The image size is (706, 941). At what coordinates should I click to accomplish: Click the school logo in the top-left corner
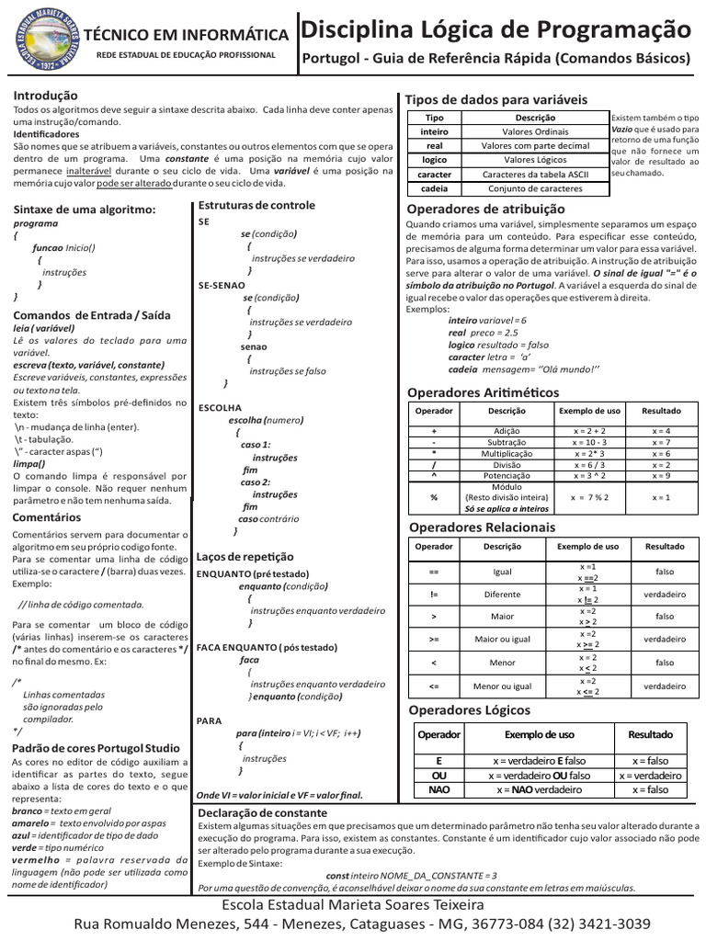[x=38, y=39]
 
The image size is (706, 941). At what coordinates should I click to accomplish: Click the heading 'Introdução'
[x=45, y=96]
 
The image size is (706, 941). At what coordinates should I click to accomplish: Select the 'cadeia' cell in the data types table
[x=435, y=187]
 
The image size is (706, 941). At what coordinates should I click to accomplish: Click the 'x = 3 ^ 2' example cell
[x=589, y=476]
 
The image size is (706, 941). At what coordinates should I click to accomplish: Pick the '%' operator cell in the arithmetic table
[x=434, y=497]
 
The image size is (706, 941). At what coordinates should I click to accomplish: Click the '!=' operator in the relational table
[x=434, y=594]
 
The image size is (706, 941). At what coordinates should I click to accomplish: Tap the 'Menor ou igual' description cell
[x=502, y=686]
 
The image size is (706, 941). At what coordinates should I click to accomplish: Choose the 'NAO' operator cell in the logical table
[x=439, y=789]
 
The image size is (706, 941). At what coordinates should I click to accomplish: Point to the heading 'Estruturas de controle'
[x=256, y=205]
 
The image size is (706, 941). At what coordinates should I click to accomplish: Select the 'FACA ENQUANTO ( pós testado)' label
[x=255, y=647]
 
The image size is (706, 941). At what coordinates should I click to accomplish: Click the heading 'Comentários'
[x=47, y=517]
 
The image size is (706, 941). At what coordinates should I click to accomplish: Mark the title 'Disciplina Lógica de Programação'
[x=496, y=29]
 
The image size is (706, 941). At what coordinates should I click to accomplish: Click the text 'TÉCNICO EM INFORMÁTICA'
[x=185, y=35]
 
